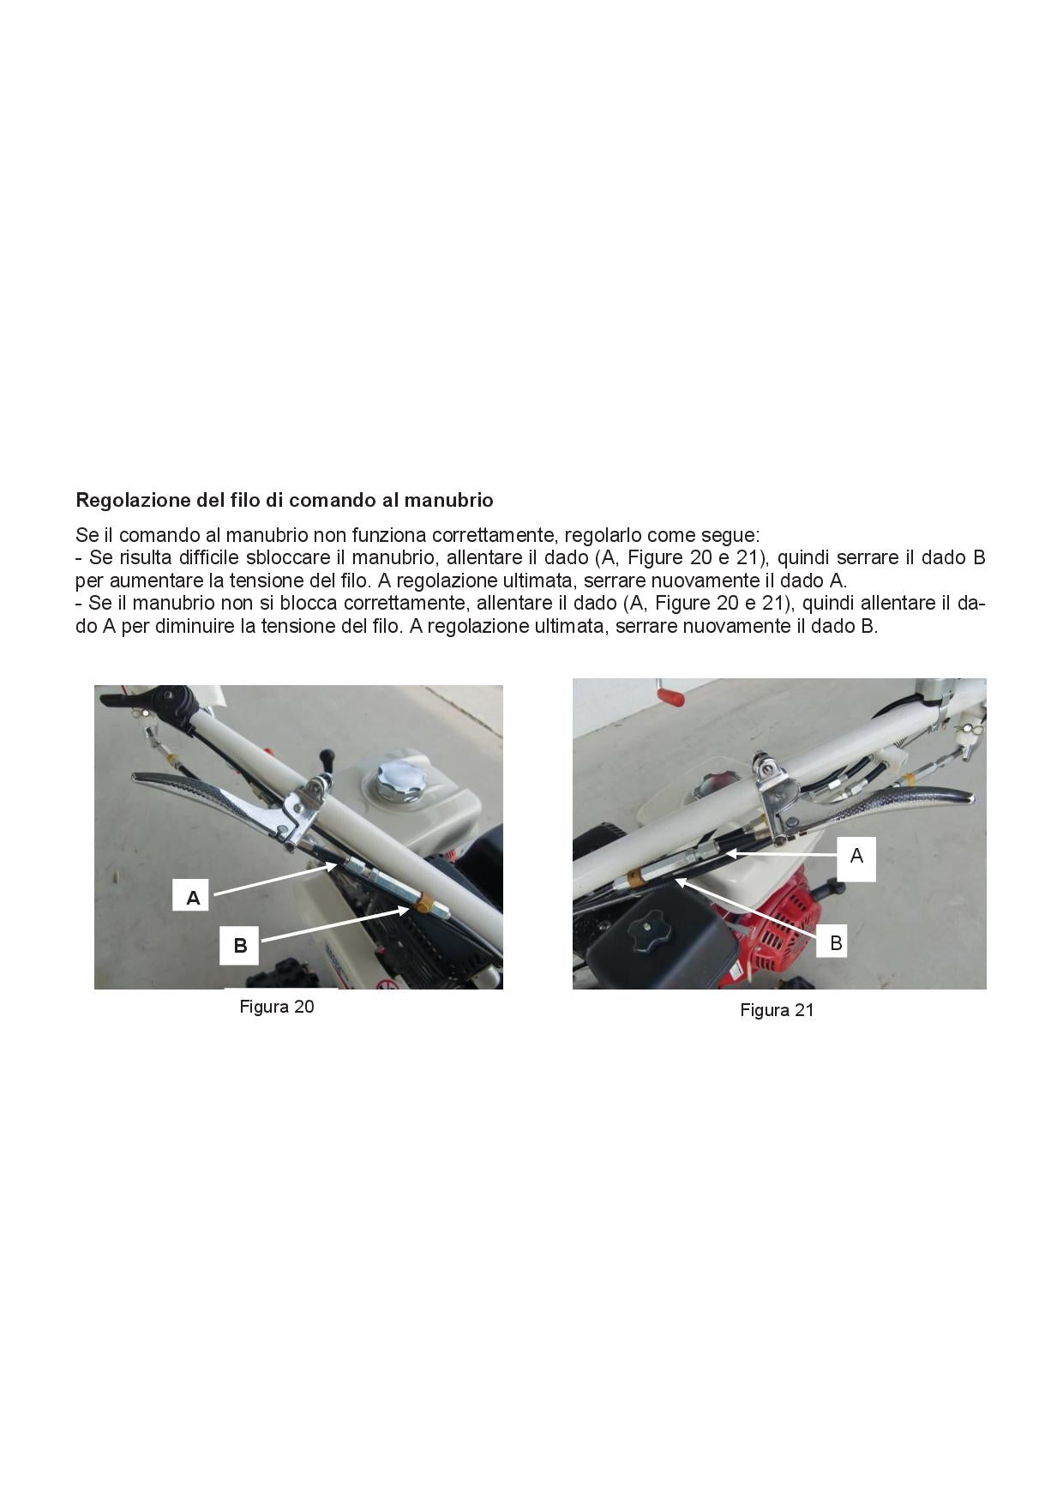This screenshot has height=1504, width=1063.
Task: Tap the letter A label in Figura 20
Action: pos(193,898)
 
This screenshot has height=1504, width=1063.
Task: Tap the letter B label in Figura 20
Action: pos(240,946)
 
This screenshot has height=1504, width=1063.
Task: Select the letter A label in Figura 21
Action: pos(856,856)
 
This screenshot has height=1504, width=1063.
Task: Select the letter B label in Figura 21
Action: pos(836,943)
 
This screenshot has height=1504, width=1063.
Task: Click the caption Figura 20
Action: pos(276,1007)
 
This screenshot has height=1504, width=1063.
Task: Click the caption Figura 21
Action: pos(776,1010)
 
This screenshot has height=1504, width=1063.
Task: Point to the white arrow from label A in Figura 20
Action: pos(274,881)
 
